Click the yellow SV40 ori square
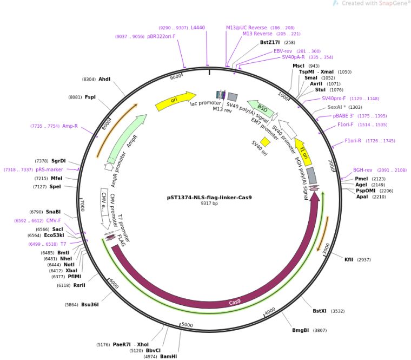click(x=265, y=142)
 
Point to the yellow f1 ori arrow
click(x=303, y=152)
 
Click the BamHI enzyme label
click(x=169, y=356)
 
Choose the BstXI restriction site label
click(x=320, y=311)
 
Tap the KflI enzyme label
click(x=349, y=260)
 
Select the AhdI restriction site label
click(x=104, y=79)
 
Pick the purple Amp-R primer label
click(x=70, y=126)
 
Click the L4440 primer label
click(x=198, y=28)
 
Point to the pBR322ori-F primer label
click(x=161, y=36)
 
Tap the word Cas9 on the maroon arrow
click(x=235, y=302)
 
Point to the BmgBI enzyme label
click(x=301, y=330)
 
